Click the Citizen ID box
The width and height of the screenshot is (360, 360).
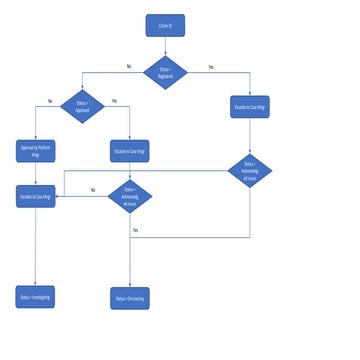(165, 23)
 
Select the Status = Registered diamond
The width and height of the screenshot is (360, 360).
(165, 72)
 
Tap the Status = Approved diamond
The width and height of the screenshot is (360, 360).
(82, 107)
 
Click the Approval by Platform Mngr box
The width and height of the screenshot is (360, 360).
(36, 152)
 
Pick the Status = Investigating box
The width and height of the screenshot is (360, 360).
(36, 297)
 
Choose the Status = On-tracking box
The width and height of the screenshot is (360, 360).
(130, 297)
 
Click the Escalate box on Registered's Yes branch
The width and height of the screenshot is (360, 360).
(249, 107)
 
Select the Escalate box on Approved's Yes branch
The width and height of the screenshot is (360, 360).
(130, 152)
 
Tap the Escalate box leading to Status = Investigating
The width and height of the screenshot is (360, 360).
(36, 197)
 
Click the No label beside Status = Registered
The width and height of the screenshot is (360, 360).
(128, 66)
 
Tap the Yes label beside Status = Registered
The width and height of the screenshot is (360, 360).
(210, 66)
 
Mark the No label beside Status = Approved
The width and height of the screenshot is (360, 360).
(50, 101)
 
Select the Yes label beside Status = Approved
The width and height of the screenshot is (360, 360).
(114, 101)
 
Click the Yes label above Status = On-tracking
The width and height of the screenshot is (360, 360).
(135, 230)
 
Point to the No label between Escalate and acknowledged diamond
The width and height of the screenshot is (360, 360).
(93, 189)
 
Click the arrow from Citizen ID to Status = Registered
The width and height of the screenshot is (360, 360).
(165, 44)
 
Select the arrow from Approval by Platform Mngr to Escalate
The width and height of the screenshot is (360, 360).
(36, 173)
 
